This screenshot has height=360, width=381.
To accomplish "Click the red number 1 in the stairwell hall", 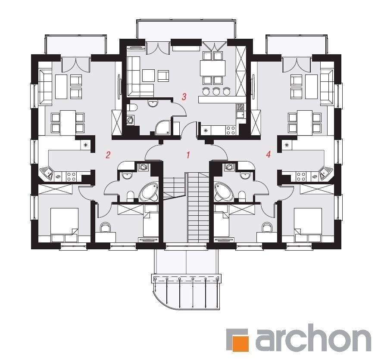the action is (188, 155).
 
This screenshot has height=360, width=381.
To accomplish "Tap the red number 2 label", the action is (108, 155).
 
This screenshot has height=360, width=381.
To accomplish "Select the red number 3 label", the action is (184, 96).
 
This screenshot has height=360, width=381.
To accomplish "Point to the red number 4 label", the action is (268, 155).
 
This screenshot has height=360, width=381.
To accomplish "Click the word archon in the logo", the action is (314, 338).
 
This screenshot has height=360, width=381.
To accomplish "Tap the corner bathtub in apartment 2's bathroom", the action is (149, 192).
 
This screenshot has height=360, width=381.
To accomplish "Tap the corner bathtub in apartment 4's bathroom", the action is (224, 192).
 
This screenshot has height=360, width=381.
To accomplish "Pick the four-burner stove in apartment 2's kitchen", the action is (71, 176).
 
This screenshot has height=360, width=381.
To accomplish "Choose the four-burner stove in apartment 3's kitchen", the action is (231, 130).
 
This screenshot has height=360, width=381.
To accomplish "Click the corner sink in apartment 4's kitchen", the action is (325, 173).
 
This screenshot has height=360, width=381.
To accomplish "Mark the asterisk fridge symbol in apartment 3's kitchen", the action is (206, 130).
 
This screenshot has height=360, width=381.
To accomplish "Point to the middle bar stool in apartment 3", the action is (216, 91).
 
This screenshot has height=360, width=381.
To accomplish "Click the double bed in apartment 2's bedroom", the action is (64, 225).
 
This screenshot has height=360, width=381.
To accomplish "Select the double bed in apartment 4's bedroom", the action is (308, 225).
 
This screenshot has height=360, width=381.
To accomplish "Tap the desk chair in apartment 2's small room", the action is (106, 227).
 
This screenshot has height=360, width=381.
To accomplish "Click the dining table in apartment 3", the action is (213, 68).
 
